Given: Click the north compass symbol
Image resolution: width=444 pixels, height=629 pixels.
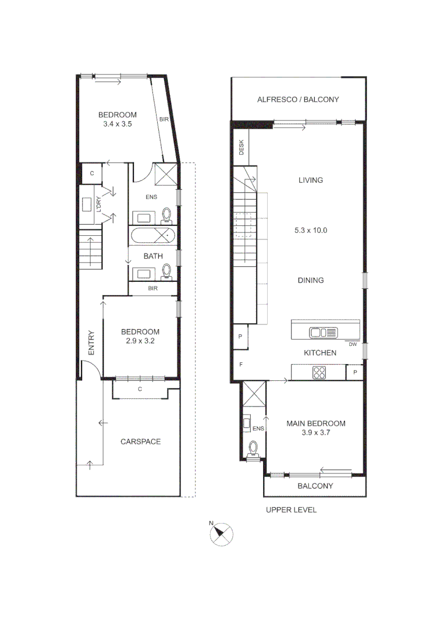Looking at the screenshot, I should point(221,533).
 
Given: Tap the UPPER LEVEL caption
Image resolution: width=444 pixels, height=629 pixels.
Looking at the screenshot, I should point(291,510).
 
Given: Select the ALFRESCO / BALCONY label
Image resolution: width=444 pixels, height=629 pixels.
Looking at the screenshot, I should point(298,100).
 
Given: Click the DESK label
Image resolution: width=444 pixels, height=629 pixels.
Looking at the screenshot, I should point(241,148).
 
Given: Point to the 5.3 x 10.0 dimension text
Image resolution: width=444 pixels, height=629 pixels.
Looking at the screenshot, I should point(310,230).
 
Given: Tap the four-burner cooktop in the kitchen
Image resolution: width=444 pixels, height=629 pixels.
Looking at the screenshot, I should point(319,372).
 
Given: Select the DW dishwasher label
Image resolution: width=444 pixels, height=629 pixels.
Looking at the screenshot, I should point(353,344).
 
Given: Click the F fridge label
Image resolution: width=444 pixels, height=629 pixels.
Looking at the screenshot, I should point(240,365).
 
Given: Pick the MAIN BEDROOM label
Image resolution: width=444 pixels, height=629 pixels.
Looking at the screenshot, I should point(315,423).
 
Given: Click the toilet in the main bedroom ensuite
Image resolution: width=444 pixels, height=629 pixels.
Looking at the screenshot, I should point(253,449).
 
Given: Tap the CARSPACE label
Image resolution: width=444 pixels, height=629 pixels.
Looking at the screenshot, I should point(140,441).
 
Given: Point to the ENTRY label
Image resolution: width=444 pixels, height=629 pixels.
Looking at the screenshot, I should point(91,343).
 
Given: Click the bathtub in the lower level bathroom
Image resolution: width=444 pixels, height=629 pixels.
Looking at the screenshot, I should point(152,236).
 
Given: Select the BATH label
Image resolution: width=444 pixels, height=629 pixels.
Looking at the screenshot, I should point(152,256).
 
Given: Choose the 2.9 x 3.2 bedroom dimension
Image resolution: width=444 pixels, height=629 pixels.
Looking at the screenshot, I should point(140,341).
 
